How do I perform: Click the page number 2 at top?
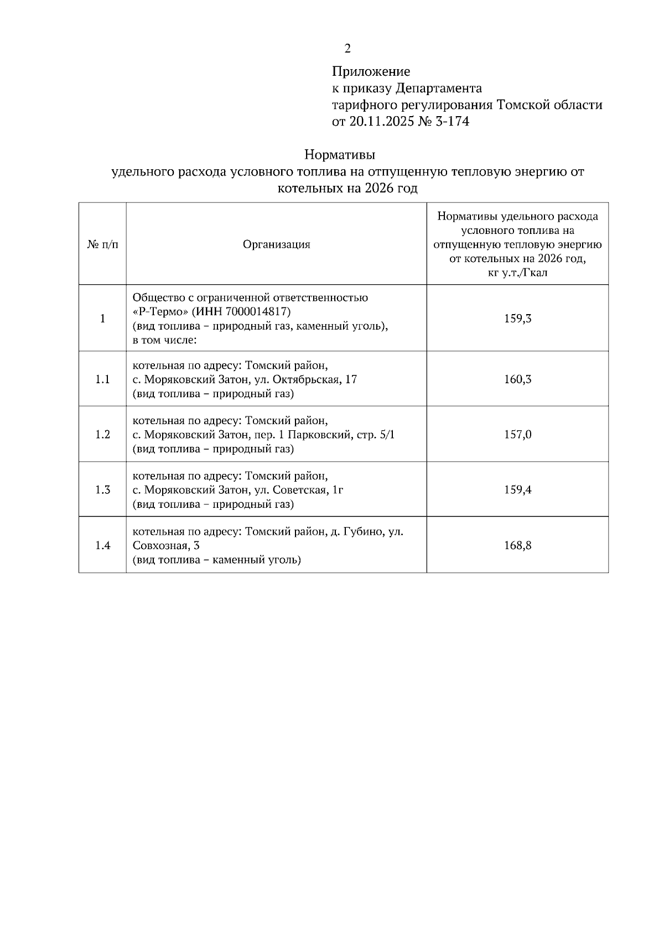click(x=347, y=49)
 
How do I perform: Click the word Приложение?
click(x=371, y=71)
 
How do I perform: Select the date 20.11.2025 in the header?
click(x=382, y=122)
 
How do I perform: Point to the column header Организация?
click(x=276, y=244)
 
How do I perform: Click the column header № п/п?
click(x=102, y=244)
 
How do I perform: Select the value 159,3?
click(x=517, y=319)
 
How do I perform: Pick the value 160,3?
click(x=517, y=379)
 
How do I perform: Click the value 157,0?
click(x=517, y=435)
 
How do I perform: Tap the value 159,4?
click(x=517, y=490)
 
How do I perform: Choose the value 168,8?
click(x=517, y=546)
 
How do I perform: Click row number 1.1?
click(x=102, y=379)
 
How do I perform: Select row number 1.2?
click(x=102, y=435)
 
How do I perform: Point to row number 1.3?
click(x=102, y=490)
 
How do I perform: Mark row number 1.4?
click(x=102, y=546)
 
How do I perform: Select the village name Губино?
click(x=364, y=532)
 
